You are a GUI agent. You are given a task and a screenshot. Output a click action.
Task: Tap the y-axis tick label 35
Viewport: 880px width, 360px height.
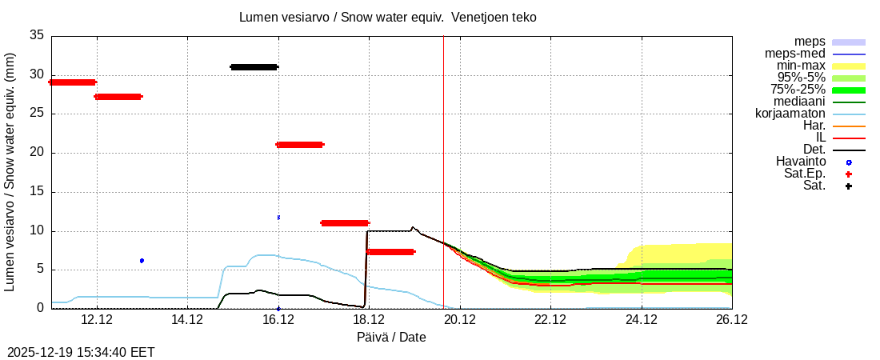coord(37,35)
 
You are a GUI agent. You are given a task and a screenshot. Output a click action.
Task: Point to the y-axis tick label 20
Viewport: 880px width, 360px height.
coord(37,153)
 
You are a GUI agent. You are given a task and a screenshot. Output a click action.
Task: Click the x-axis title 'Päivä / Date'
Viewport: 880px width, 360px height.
coord(391,337)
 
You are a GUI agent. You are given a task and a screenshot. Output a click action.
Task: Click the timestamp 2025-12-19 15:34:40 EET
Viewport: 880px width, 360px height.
coord(81,352)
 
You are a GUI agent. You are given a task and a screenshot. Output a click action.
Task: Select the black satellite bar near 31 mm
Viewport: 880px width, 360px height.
coord(254,67)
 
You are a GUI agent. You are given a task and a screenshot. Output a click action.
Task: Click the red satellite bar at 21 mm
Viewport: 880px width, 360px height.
coord(299,145)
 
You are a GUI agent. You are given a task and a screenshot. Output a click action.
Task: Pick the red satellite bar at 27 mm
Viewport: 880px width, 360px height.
coord(118,97)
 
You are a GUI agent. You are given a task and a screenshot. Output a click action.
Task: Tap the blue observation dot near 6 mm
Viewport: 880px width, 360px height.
coord(142,261)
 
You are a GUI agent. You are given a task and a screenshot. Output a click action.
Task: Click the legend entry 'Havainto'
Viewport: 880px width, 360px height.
coord(801,162)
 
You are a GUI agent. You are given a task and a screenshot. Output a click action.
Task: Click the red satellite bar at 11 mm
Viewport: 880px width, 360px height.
coord(345,223)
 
